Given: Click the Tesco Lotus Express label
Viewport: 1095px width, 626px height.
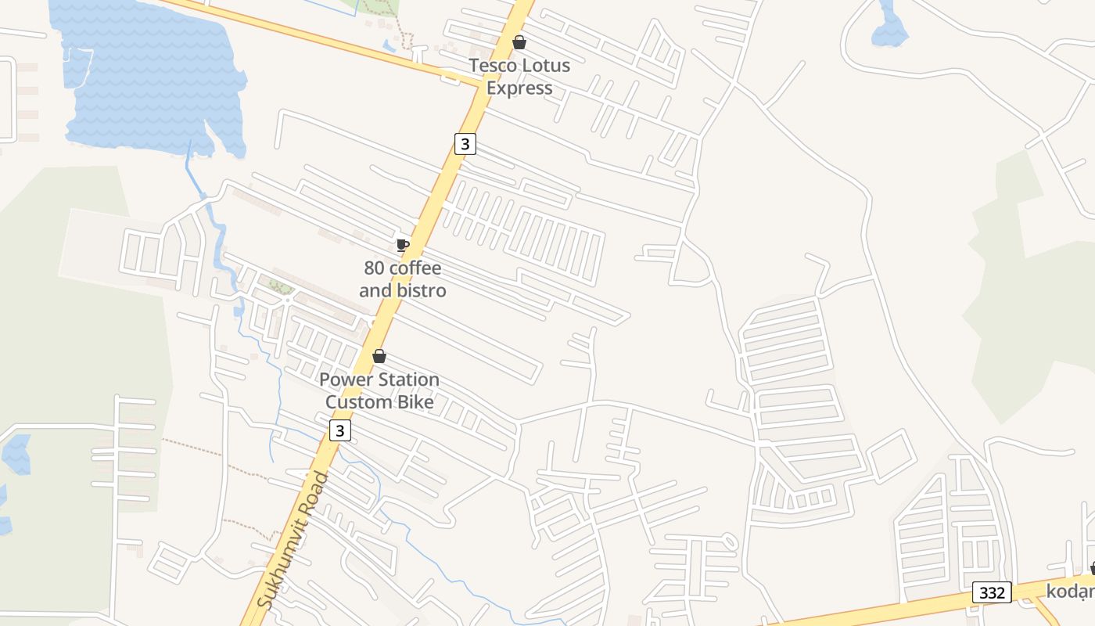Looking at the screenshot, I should point(519,77).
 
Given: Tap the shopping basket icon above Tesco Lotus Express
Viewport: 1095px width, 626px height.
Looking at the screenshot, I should point(519,42).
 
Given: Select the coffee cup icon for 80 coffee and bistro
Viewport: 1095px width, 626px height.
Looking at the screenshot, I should point(402,245).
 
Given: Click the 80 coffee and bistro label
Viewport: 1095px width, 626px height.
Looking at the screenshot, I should point(403,279).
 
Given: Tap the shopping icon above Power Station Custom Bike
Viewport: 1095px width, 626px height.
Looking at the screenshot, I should point(379,357).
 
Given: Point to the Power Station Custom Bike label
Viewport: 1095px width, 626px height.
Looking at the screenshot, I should point(379,390).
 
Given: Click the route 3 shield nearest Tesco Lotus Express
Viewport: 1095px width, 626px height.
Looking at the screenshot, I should point(465,144).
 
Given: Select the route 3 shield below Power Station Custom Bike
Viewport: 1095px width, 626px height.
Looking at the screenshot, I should point(339,430).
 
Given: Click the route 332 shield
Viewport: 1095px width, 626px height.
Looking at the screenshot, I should point(992,592).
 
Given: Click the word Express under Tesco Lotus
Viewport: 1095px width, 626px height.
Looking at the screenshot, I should point(519,88).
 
